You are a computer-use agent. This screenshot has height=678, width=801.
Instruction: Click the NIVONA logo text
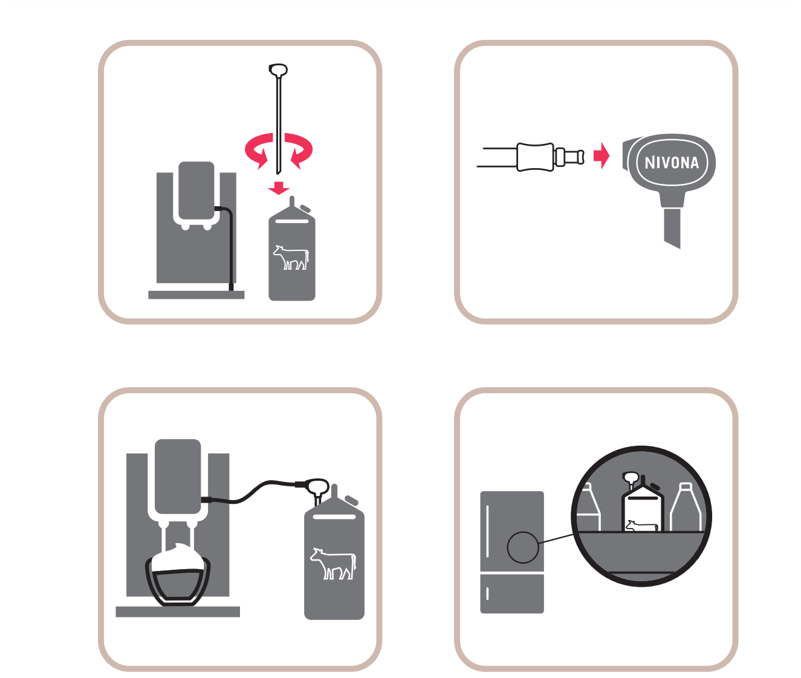coord(672,163)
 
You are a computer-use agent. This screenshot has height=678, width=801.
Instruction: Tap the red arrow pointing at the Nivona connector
coord(602,156)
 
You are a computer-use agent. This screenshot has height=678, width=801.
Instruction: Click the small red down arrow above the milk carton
coord(279,188)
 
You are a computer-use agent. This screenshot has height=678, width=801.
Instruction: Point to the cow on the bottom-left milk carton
coord(333,564)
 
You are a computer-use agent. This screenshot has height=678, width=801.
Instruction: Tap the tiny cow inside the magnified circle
coord(642,526)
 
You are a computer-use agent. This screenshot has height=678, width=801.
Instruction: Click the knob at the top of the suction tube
coord(278,70)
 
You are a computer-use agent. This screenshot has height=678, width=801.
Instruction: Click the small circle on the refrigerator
coord(523,547)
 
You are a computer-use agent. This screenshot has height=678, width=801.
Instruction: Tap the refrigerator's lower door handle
coord(487,593)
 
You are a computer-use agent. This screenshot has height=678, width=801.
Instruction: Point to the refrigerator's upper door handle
coord(487,530)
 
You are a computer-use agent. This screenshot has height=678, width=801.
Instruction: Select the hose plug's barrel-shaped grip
coord(535,157)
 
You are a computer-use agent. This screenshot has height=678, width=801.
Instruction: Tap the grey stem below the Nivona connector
coord(672,228)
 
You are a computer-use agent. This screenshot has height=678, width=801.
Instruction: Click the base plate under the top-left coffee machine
coord(196,295)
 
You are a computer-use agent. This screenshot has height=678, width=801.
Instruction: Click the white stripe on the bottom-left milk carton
coord(334,517)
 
